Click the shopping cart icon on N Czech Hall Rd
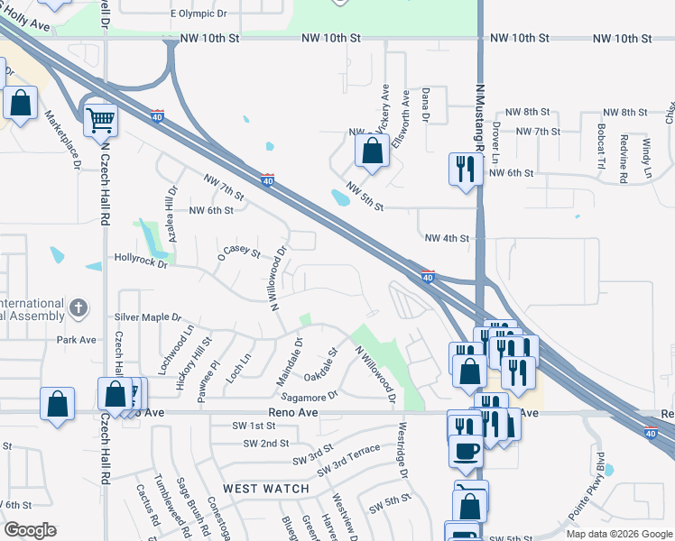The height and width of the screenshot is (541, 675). click(100, 119)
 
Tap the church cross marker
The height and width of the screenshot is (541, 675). click(79, 308)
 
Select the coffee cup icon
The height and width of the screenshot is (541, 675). click(466, 450)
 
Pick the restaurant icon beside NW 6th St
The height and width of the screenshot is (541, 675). click(466, 169)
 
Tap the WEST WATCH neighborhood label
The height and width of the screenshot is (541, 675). click(266, 489)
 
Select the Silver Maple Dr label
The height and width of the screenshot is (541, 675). click(148, 318)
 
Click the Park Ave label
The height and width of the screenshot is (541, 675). click(76, 341)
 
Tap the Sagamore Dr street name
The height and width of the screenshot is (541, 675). click(309, 394)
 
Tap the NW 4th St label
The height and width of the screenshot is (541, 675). click(447, 239)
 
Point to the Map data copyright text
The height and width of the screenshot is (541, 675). click(618, 534)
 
